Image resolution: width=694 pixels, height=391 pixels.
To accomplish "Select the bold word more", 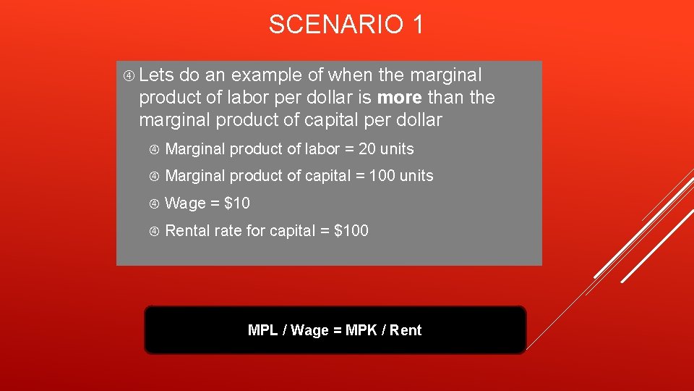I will [x=400, y=97].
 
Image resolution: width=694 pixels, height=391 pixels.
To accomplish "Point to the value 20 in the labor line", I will [x=367, y=149].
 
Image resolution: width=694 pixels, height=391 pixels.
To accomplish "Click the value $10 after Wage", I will [x=237, y=203].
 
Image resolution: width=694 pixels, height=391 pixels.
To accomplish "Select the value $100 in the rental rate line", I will [x=351, y=231].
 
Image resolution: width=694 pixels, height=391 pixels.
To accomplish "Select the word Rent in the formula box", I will [x=406, y=330].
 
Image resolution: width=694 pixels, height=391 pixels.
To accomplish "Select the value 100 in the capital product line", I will [x=382, y=176].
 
